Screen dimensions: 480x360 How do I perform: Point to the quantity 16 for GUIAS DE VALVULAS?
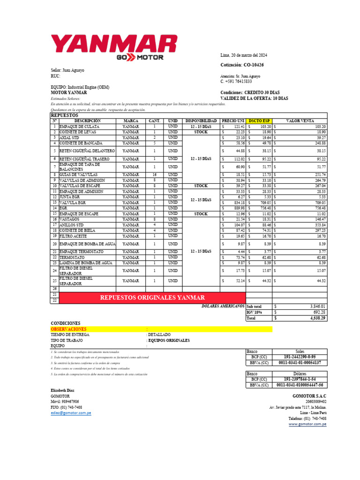click(x=154, y=174)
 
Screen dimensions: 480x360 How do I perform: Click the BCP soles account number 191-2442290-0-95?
click(x=300, y=357)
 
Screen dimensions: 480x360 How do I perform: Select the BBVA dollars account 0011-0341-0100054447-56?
click(x=300, y=385)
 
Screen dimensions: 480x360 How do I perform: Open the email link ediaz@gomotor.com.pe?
click(x=71, y=413)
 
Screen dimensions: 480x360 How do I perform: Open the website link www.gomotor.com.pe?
click(x=307, y=424)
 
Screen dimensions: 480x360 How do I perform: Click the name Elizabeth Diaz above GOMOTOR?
click(x=62, y=390)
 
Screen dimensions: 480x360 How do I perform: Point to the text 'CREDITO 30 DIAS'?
click(x=264, y=93)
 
